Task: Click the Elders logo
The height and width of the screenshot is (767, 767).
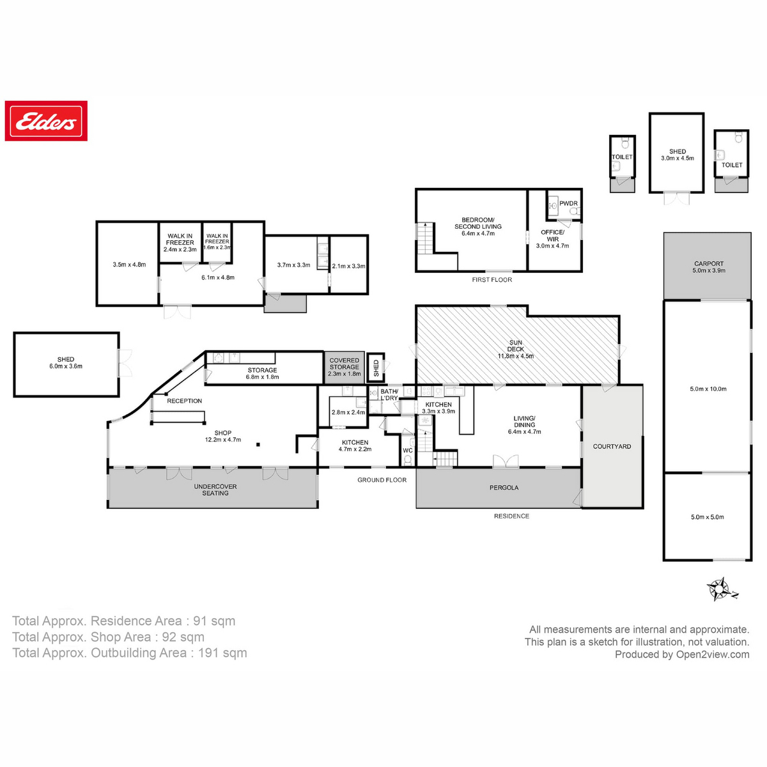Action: click(x=46, y=121)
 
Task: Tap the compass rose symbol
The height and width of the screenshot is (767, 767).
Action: click(x=721, y=589)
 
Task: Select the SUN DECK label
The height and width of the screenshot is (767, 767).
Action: click(x=516, y=349)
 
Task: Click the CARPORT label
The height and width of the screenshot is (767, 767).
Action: click(x=709, y=263)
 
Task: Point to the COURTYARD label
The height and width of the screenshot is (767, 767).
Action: click(x=612, y=446)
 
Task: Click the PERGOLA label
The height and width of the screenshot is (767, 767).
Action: click(x=504, y=488)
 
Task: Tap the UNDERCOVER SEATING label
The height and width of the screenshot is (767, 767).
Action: click(x=215, y=490)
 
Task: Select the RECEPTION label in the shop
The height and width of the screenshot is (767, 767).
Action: click(x=184, y=401)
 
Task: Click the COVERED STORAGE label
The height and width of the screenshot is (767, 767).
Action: click(x=344, y=364)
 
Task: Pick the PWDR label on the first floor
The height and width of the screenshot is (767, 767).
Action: click(x=568, y=203)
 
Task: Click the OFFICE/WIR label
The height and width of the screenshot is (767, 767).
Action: click(x=552, y=236)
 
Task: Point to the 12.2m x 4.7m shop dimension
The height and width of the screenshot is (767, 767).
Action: click(x=222, y=440)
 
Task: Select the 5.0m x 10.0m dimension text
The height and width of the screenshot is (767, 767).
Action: click(x=708, y=389)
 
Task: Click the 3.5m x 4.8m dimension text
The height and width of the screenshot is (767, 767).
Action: click(x=129, y=265)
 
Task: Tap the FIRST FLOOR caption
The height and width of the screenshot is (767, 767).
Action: click(x=492, y=279)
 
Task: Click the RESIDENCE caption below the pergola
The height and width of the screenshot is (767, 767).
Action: click(x=511, y=516)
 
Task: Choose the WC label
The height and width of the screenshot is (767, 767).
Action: click(x=408, y=451)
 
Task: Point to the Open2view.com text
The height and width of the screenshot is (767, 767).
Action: click(x=713, y=654)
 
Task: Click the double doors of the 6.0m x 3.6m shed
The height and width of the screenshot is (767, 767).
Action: click(x=125, y=362)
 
